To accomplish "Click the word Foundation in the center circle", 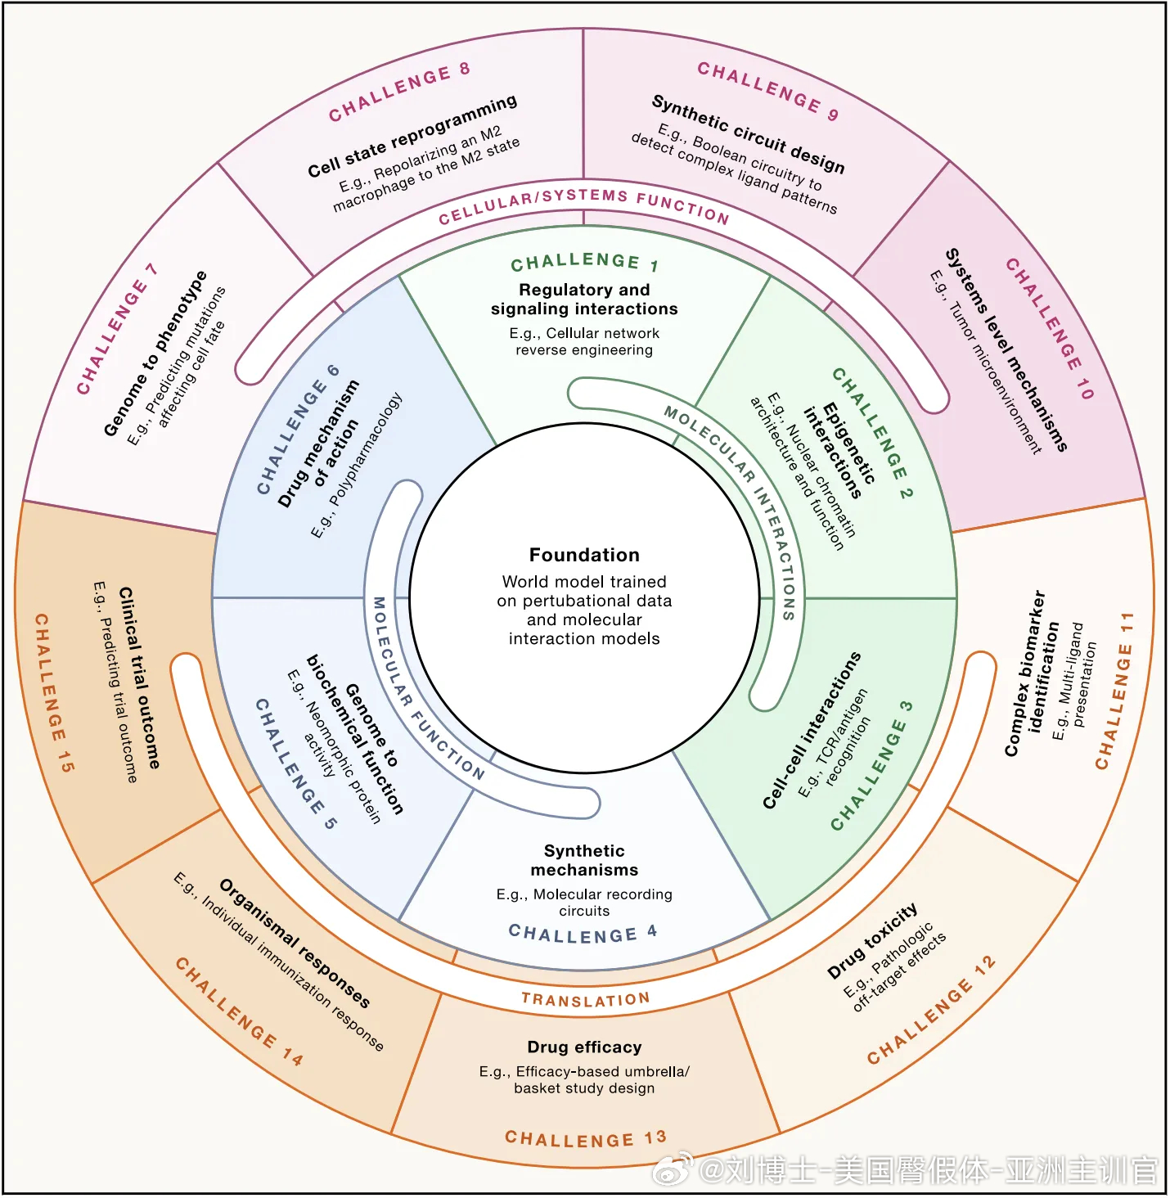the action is click(x=585, y=556).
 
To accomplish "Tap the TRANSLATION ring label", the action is click(x=586, y=1000).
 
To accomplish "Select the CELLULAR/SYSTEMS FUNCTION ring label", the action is click(x=584, y=205).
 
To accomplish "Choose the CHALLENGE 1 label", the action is click(x=585, y=262).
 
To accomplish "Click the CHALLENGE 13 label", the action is click(x=586, y=1138).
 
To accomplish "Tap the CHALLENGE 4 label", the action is click(x=583, y=934).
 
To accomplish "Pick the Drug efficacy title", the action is click(x=585, y=1047).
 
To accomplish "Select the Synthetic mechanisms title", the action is click(x=585, y=861).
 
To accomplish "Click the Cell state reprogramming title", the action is click(x=412, y=136).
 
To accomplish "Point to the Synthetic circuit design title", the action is click(x=749, y=133).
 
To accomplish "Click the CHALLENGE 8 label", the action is click(x=400, y=92).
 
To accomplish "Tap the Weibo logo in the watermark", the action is click(x=673, y=1169).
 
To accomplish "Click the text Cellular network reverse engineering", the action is click(x=585, y=342).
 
